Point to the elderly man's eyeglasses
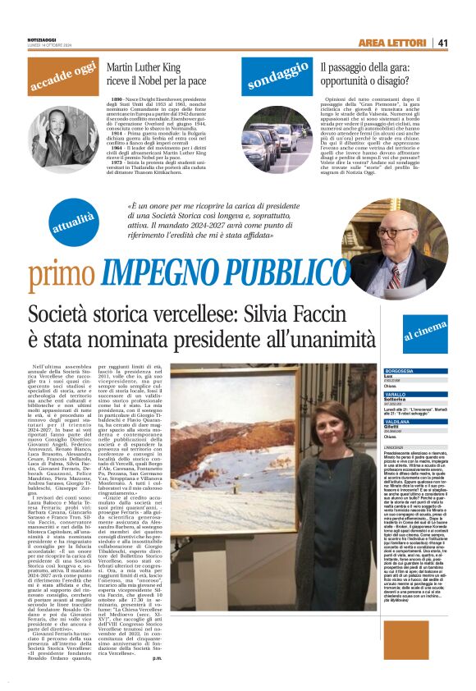coord(403,233)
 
